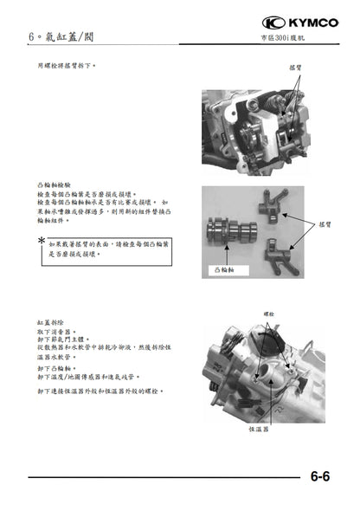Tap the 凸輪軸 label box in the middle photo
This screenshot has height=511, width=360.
pyautogui.click(x=225, y=269)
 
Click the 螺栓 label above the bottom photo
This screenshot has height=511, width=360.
pyautogui.click(x=269, y=313)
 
